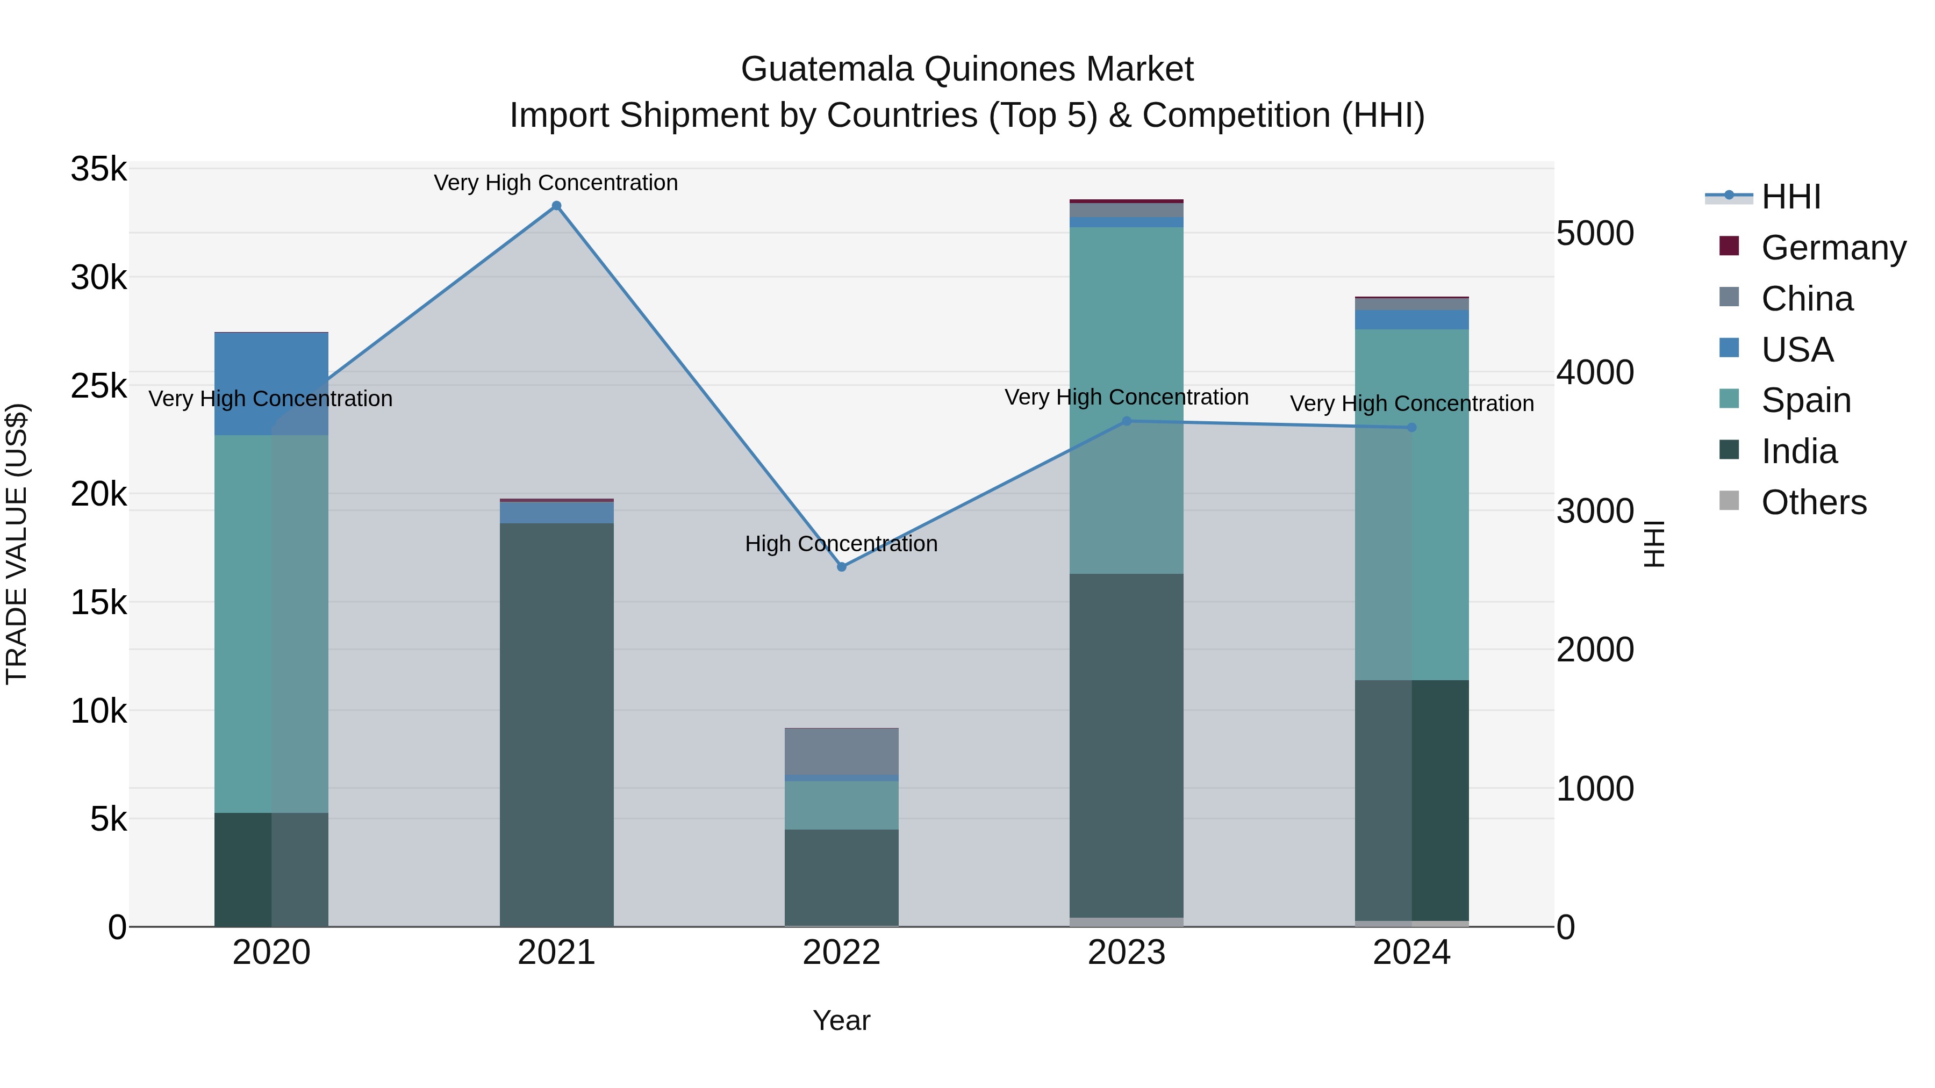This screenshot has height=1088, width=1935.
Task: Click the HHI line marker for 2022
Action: (841, 567)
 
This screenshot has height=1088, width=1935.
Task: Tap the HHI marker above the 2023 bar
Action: (1126, 421)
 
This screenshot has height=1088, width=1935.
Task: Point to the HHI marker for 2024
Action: (1411, 427)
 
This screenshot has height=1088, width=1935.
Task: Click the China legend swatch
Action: (1729, 297)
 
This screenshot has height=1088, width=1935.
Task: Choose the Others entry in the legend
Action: (1814, 502)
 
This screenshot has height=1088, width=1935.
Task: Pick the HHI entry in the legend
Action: (1790, 197)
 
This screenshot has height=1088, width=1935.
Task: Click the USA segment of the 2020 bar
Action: (271, 384)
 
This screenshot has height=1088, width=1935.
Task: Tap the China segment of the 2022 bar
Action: (841, 752)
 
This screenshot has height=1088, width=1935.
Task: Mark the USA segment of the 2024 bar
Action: (1411, 320)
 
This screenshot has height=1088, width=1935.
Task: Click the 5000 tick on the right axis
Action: (1595, 234)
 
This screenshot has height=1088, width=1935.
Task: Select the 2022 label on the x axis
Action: (841, 953)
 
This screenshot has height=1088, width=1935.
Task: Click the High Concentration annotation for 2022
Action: (841, 544)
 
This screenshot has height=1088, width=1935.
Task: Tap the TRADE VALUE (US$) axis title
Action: (17, 544)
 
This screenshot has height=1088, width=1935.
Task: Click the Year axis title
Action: (841, 1020)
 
